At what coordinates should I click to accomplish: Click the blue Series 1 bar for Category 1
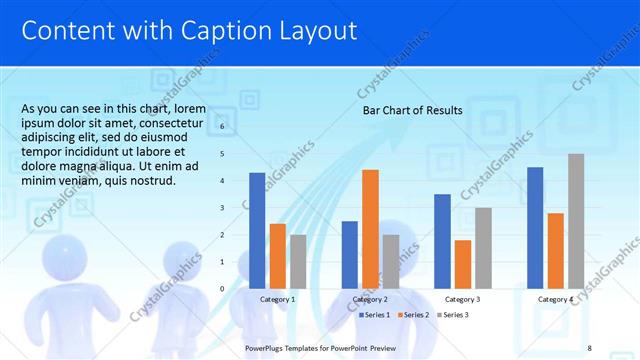point(257,231)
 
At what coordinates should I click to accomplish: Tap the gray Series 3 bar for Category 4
point(576,221)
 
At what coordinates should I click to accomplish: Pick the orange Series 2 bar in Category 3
point(462,264)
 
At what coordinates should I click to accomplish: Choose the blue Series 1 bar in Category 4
point(535,228)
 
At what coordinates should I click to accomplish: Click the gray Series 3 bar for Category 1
point(298,262)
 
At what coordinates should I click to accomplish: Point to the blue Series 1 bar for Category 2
point(349,255)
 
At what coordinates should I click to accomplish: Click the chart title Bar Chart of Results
point(412,110)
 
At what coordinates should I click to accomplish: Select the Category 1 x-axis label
point(277,299)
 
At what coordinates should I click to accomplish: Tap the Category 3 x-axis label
point(462,299)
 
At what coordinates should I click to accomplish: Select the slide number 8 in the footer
point(589,347)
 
